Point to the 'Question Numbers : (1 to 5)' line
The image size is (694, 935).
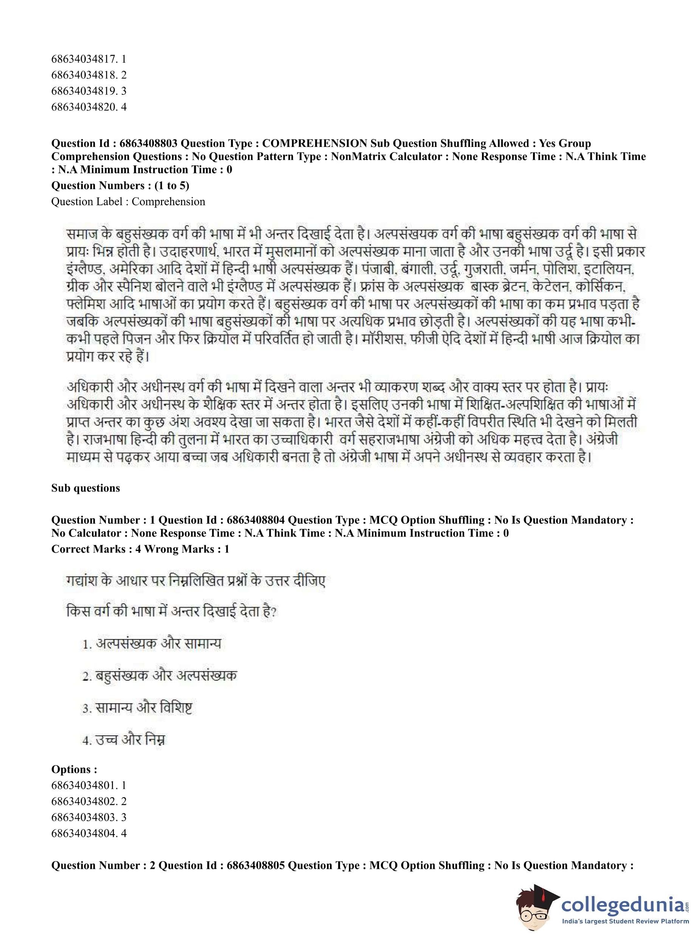[x=120, y=185]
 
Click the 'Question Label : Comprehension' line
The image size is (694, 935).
[x=128, y=202]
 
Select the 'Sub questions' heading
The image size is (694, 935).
[x=86, y=488]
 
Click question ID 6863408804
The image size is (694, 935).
[x=256, y=520]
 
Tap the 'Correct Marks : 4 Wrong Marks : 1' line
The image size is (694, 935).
[x=140, y=549]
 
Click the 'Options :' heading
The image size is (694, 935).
[x=74, y=769]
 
